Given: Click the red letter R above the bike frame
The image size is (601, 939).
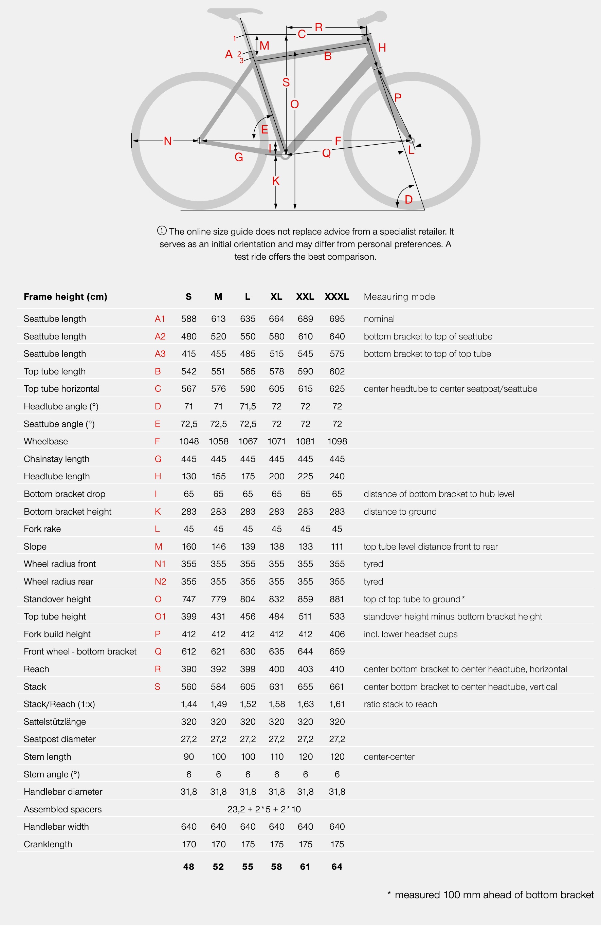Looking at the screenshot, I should (x=318, y=27).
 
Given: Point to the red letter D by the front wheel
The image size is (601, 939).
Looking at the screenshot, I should (x=408, y=200).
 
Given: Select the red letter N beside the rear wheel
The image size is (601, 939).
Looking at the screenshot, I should (x=168, y=141).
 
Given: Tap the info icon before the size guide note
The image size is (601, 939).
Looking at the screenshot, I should (x=162, y=231).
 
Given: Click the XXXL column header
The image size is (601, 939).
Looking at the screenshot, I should (x=336, y=297).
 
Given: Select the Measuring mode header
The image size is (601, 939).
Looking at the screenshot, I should (x=399, y=297).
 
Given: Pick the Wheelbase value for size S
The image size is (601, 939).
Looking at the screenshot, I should (x=189, y=441).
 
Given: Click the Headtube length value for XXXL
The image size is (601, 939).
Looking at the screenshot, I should (x=337, y=476).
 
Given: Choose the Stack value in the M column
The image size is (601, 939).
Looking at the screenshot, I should (x=218, y=687).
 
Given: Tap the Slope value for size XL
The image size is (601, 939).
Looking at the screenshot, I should (x=277, y=547).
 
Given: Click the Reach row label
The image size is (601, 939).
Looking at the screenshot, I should (x=36, y=669).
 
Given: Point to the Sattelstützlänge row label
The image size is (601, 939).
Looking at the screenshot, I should (x=55, y=722).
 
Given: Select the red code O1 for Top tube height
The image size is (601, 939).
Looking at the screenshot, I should (x=160, y=616).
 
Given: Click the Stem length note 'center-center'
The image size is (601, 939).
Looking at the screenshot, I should (x=389, y=757).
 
